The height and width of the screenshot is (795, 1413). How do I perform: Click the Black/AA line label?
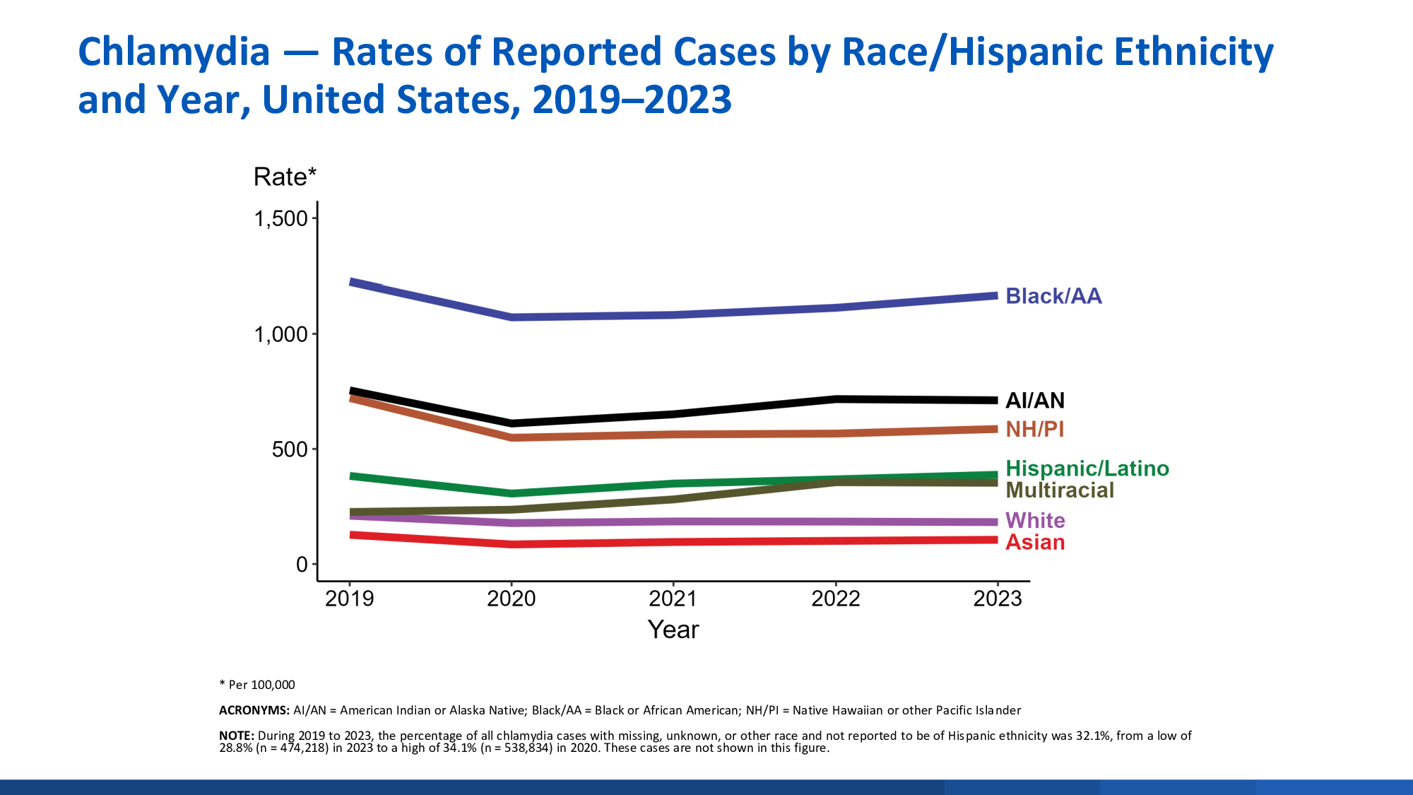click(1053, 296)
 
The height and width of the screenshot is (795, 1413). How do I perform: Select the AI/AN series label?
click(1034, 401)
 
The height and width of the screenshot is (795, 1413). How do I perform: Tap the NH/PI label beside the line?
click(1034, 429)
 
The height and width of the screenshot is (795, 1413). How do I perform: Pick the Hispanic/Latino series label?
click(1087, 469)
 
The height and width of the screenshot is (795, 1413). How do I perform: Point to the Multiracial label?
click(1059, 490)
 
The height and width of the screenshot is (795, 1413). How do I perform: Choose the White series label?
click(1034, 521)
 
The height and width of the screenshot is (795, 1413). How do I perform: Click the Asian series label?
click(1034, 543)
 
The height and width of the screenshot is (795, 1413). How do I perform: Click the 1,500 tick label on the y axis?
click(281, 219)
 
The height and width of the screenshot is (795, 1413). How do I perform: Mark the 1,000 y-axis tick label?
click(281, 334)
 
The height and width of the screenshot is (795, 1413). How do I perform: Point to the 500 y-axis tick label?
click(290, 449)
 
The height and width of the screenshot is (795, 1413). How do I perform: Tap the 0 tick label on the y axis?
click(302, 565)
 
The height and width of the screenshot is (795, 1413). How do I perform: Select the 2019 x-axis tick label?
click(349, 599)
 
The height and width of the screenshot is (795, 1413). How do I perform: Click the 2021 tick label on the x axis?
click(673, 599)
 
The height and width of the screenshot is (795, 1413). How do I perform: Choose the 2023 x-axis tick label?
click(998, 599)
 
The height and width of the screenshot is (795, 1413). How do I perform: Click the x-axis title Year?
click(673, 630)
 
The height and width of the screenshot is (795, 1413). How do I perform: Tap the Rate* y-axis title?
click(285, 177)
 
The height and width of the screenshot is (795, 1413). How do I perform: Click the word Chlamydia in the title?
click(174, 52)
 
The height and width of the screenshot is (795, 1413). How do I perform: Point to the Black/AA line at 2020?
click(512, 317)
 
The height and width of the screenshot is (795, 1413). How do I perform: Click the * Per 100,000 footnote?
click(257, 685)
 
